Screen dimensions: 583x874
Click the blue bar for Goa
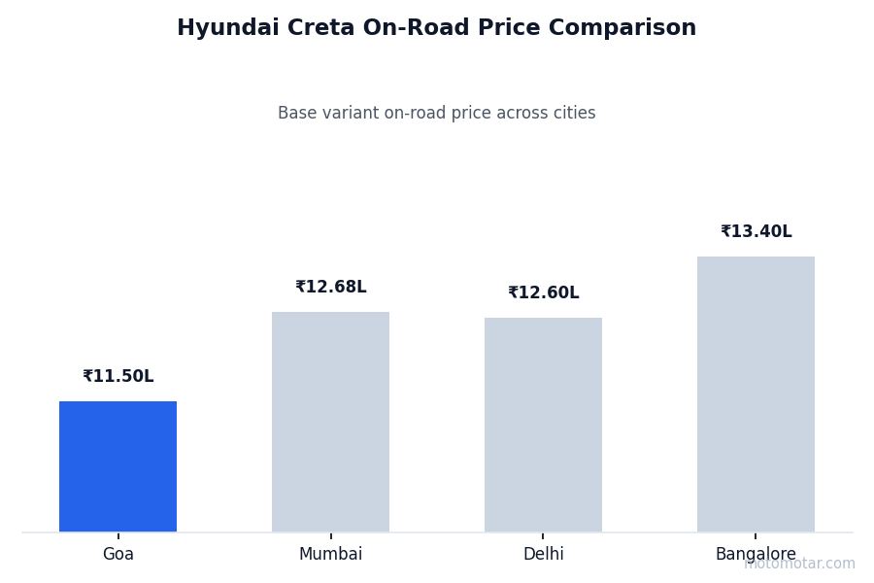(118, 466)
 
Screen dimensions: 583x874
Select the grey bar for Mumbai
(330, 422)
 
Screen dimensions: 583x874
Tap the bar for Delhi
(543, 425)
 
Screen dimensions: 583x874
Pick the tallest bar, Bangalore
(756, 394)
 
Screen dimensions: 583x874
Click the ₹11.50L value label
(118, 377)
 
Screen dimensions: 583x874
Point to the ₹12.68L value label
(330, 288)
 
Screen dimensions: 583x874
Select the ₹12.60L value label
(543, 293)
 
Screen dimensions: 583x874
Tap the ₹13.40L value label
(756, 232)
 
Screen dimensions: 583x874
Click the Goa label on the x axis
(118, 555)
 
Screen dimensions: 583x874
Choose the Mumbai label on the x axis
(330, 555)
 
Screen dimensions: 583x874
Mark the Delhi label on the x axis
(543, 555)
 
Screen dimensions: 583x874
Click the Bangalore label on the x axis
(756, 555)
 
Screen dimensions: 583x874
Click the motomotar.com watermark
(800, 565)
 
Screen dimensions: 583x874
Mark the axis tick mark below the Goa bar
(118, 535)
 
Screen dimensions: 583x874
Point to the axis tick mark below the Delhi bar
(543, 535)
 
